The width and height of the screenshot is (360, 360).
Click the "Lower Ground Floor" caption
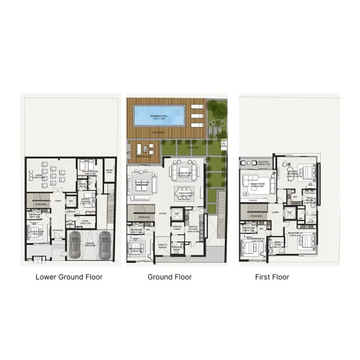pos(69,277)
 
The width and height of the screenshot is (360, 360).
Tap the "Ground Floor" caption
pos(170,277)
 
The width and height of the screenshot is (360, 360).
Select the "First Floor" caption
pos(272,277)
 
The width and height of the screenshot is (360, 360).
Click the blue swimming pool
pos(157,115)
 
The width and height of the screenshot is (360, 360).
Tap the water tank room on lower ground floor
pos(109,172)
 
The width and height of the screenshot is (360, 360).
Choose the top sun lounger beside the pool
pos(196,108)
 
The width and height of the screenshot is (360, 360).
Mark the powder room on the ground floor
pos(178,247)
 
